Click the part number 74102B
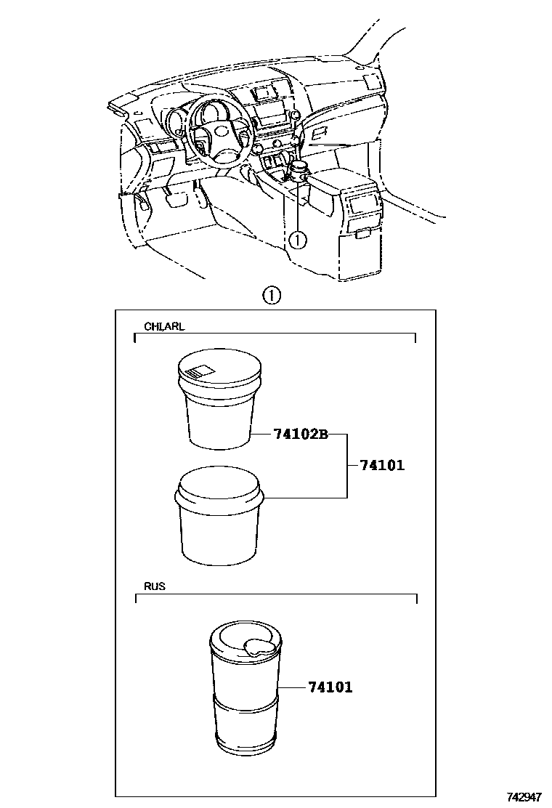coord(301,435)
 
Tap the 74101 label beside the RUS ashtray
coord(330,687)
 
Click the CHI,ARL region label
coord(164,326)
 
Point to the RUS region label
coord(155,586)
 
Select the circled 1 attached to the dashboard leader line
coord(298,238)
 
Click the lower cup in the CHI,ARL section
coord(217,520)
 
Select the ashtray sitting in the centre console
coord(299,171)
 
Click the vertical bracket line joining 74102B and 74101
coord(346,466)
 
